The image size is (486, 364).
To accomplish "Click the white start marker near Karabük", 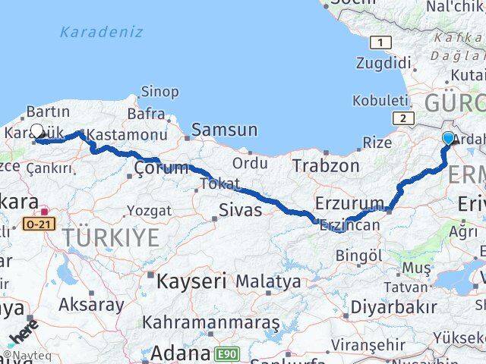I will point(36,130).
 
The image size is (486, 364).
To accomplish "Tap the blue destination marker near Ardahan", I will point(448,138).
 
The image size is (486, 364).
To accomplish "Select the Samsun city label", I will point(224,130).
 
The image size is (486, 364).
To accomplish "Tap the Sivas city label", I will point(240,209).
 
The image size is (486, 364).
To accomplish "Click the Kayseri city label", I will point(192,281).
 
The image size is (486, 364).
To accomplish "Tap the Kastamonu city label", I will point(126,134).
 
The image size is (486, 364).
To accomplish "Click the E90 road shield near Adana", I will point(225,354).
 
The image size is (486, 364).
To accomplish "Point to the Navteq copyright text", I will point(23,355).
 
